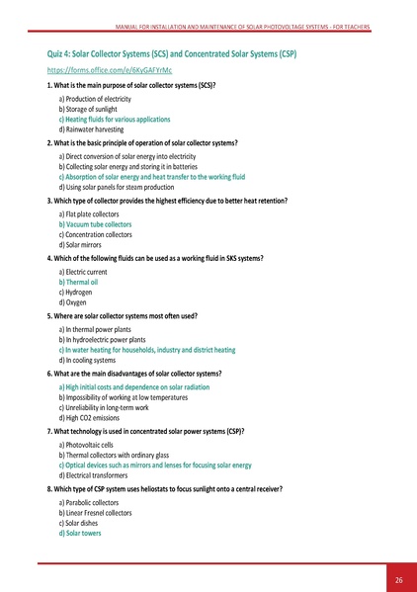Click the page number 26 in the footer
click(x=398, y=578)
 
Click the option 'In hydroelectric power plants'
click(x=109, y=339)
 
